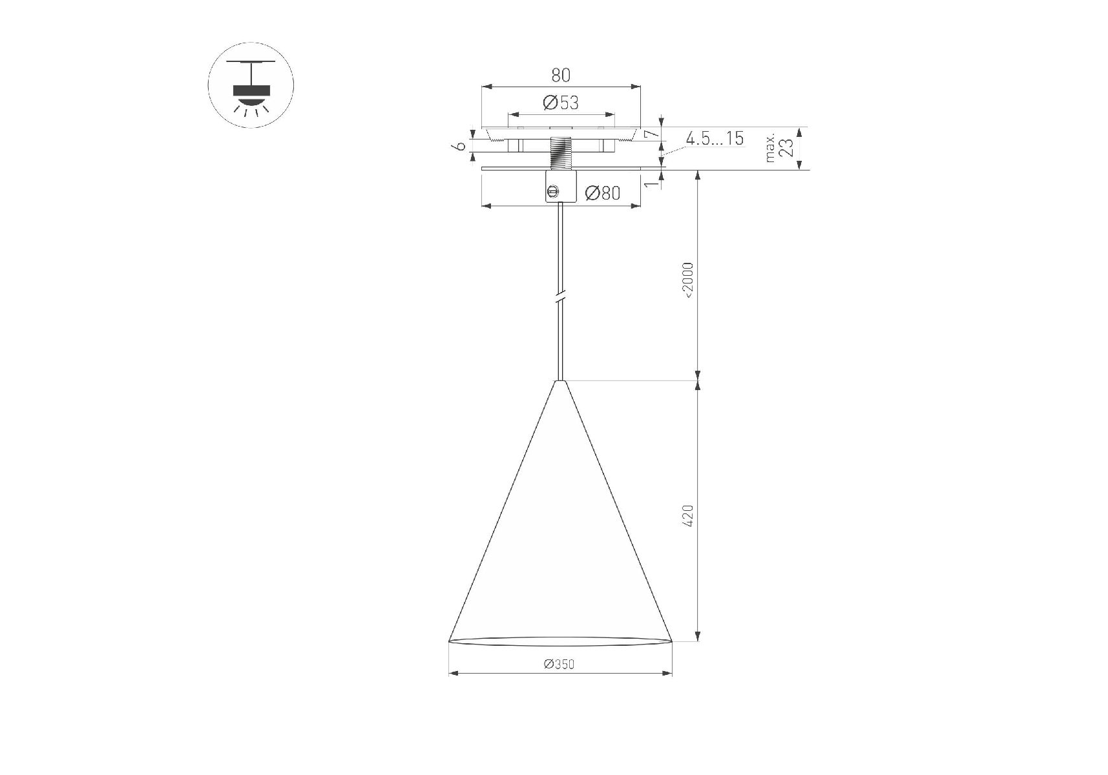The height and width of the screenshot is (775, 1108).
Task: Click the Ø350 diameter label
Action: pyautogui.click(x=559, y=664)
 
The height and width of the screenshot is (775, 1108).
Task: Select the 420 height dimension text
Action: pyautogui.click(x=688, y=515)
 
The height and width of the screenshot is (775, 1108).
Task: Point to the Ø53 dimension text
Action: pyautogui.click(x=561, y=103)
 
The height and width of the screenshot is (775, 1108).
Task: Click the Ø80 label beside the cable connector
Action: pyautogui.click(x=603, y=193)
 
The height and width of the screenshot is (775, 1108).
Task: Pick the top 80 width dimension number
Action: pyautogui.click(x=561, y=75)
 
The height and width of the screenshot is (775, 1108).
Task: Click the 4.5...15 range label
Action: pyautogui.click(x=715, y=138)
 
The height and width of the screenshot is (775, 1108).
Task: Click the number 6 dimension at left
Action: pyautogui.click(x=460, y=146)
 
